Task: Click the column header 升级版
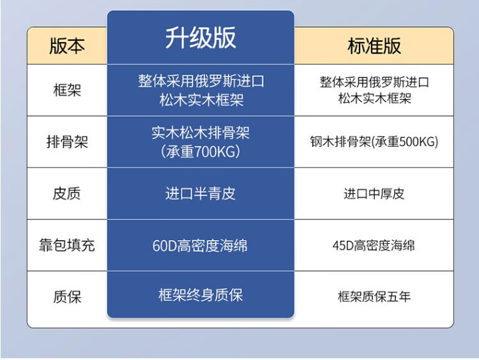point(201,38)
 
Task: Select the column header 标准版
point(374,46)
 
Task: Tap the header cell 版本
point(67,46)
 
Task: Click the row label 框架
point(67,90)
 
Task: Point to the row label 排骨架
point(67,142)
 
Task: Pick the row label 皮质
point(67,193)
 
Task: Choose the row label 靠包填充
point(67,245)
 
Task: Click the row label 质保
point(67,296)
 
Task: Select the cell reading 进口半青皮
point(201,193)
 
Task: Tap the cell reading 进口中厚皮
point(374,193)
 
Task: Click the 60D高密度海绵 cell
point(200,246)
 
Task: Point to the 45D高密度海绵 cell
point(374,245)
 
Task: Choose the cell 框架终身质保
point(201,295)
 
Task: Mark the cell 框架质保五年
point(374,296)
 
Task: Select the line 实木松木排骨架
point(201,133)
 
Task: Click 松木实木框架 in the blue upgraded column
point(201,100)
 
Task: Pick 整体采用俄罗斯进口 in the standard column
point(374,82)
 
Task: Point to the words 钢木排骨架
point(340,142)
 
